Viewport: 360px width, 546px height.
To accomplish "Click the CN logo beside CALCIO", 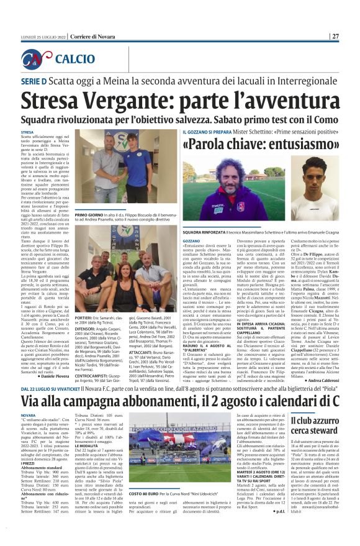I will point(41,59).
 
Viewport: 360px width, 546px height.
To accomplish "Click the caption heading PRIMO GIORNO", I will point(92,214).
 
